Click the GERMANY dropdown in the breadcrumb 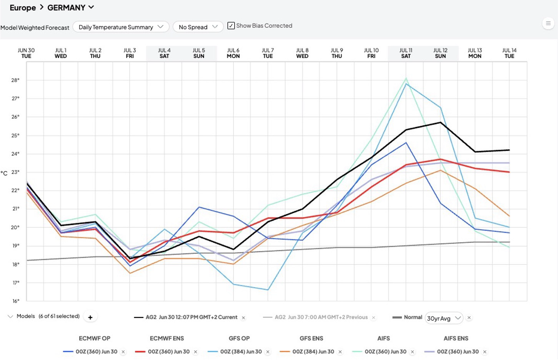70,7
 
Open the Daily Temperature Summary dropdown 121,27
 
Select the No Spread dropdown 198,27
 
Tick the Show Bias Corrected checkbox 231,26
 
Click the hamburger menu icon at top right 548,23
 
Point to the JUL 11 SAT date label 406,53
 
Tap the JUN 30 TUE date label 26,53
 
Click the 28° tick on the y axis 15,80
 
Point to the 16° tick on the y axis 16,301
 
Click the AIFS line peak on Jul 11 406,78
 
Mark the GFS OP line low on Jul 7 268,290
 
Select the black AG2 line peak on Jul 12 440,122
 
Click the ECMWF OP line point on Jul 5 199,207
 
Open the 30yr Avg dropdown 444,318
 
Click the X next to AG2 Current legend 243,318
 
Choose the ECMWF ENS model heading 167,338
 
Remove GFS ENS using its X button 340,352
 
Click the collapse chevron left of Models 10,317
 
